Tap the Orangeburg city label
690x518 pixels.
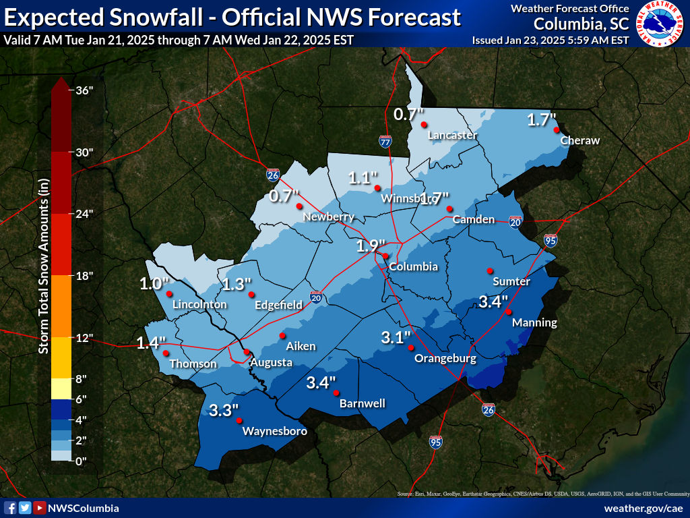(445, 358)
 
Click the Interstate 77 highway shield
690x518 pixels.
(385, 142)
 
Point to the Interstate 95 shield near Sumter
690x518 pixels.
(551, 240)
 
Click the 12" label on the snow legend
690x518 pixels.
(84, 338)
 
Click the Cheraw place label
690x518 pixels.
(579, 140)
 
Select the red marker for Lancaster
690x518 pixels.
(424, 124)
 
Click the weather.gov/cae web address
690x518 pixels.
(644, 508)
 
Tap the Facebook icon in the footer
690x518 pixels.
(10, 508)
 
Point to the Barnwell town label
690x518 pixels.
(363, 403)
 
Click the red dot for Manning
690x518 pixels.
(509, 312)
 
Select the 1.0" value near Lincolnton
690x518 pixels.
(154, 283)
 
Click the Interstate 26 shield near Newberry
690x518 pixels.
(272, 175)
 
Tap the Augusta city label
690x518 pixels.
(271, 363)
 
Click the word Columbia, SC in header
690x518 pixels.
(582, 24)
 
